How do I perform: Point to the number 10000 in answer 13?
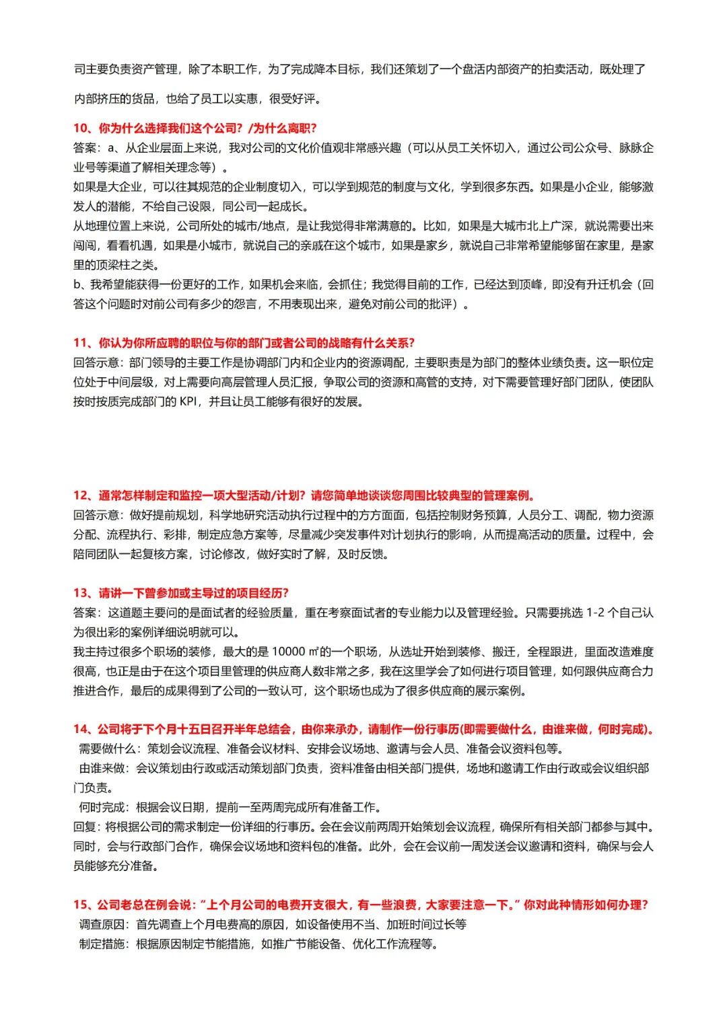[289, 652]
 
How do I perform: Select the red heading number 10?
[81, 128]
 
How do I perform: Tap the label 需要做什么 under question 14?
[108, 749]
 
